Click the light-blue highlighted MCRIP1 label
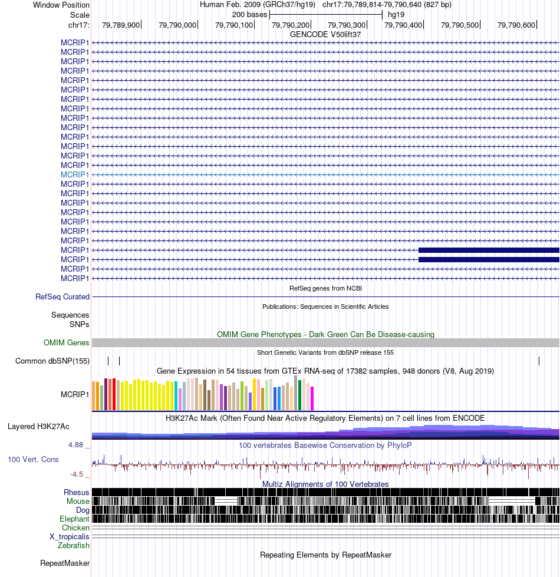[75, 175]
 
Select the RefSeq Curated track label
[62, 296]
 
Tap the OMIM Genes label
[66, 342]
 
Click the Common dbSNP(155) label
[52, 361]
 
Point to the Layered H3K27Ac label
[38, 427]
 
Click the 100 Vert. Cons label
[33, 459]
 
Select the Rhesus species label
[76, 492]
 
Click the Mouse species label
[78, 501]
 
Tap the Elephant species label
[74, 519]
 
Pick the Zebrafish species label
[73, 545]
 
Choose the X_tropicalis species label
[69, 536]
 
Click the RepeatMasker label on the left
[65, 563]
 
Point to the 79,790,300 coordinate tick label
[347, 25]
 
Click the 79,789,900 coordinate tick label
[121, 25]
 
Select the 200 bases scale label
[249, 15]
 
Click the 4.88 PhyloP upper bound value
[76, 445]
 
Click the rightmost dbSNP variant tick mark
[539, 361]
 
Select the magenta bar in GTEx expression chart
[312, 398]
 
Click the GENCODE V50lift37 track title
[325, 34]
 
